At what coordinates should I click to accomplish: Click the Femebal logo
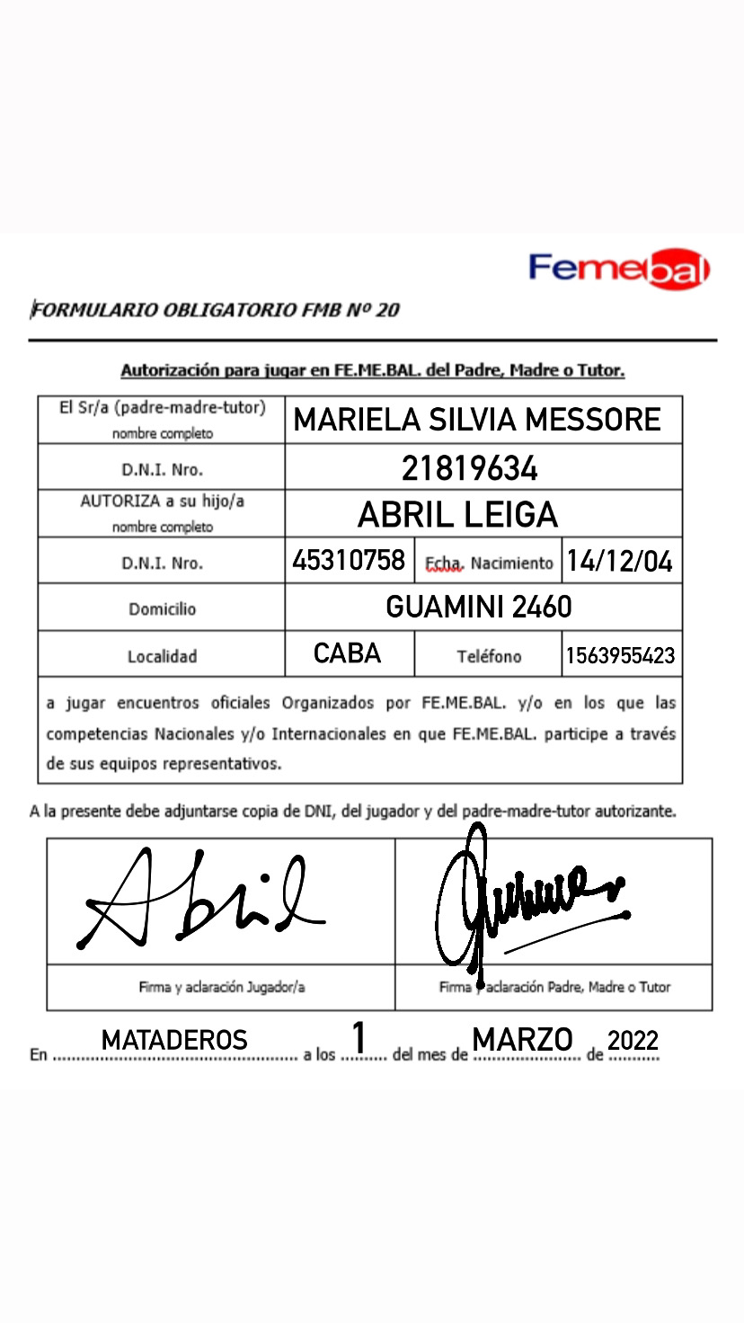619,269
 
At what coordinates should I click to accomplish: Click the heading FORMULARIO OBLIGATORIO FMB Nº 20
215,311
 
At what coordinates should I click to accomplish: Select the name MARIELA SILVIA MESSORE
477,420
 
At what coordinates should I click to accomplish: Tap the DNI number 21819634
470,468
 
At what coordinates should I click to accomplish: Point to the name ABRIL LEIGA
457,515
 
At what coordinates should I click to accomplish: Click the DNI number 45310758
349,562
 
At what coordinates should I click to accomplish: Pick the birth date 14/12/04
620,562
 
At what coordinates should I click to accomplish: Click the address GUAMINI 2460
478,608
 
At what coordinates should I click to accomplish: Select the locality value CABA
348,654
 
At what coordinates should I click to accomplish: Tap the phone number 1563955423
620,656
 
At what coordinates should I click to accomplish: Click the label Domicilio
162,609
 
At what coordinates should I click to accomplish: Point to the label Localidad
162,657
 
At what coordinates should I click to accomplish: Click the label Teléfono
489,657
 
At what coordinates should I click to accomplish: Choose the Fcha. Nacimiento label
489,564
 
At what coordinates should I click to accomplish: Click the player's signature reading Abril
198,899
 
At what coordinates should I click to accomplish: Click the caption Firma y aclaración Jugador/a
222,987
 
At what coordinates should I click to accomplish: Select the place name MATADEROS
174,1041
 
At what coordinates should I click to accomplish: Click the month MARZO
523,1040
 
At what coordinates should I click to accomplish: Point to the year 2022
633,1042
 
